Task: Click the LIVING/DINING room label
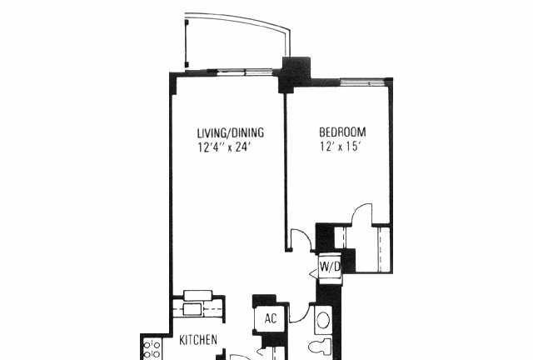click(x=231, y=132)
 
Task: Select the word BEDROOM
click(x=342, y=132)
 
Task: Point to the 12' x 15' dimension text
click(x=340, y=147)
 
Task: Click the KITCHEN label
click(x=198, y=340)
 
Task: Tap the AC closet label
click(x=271, y=319)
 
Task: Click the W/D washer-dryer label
click(x=330, y=267)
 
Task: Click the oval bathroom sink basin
click(x=323, y=320)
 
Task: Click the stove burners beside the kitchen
click(x=152, y=349)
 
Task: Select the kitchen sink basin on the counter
click(x=192, y=310)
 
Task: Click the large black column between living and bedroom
click(x=294, y=75)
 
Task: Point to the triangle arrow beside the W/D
click(x=313, y=273)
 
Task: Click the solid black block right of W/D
click(x=348, y=261)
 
